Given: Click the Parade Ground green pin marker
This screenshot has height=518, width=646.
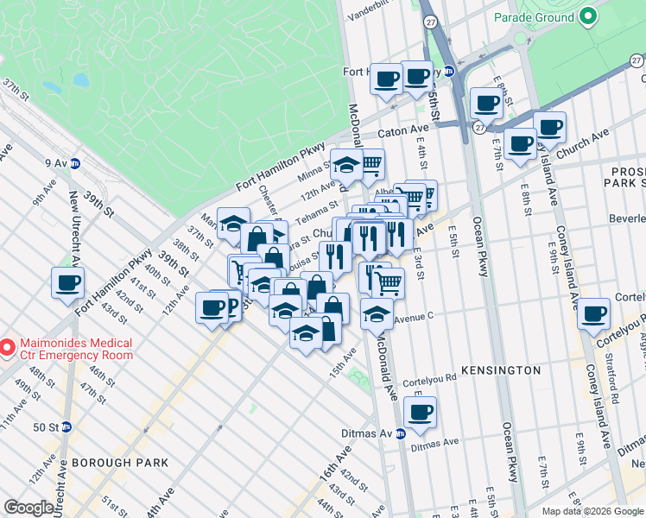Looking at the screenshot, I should click(x=588, y=16).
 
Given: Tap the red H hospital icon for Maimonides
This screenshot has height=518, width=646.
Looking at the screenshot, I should click(x=7, y=348).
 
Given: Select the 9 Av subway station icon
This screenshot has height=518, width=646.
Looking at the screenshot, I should click(x=75, y=161).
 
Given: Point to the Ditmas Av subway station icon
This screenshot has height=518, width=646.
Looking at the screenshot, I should click(x=401, y=433).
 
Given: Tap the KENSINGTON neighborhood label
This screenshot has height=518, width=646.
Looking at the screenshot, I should click(x=500, y=370).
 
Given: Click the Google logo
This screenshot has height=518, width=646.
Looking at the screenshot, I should click(x=28, y=507).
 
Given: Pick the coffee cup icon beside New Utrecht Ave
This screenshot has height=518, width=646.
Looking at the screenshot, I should click(x=67, y=281).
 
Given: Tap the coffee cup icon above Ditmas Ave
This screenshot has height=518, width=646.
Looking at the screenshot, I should click(x=421, y=411).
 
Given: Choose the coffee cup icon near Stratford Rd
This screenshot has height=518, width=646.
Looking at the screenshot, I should click(x=593, y=313).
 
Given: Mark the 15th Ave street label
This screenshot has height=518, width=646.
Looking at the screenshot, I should click(x=344, y=355).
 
